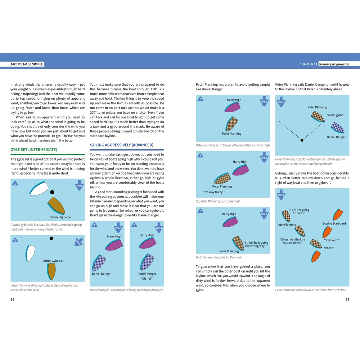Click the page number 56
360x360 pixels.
[x=13, y=299]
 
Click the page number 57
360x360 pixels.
[x=347, y=299]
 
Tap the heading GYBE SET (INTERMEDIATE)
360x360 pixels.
[x=33, y=149]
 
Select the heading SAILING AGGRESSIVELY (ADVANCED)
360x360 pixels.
[x=121, y=145]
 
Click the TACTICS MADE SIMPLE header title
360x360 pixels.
[x=27, y=64]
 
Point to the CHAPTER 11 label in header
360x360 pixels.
[x=308, y=64]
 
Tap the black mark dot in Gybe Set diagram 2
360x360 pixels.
[x=51, y=238]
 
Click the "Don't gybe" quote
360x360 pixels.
[x=335, y=115]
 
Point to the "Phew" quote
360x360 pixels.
[x=329, y=248]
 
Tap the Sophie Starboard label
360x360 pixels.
[x=334, y=224]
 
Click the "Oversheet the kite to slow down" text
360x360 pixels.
[x=292, y=241]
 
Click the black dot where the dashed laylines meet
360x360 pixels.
[x=302, y=140]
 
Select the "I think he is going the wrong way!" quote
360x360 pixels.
[x=256, y=244]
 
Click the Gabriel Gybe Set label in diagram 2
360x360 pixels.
[x=53, y=261]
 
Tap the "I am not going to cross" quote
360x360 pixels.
[x=299, y=211]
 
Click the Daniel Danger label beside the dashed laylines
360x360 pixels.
[x=336, y=137]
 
